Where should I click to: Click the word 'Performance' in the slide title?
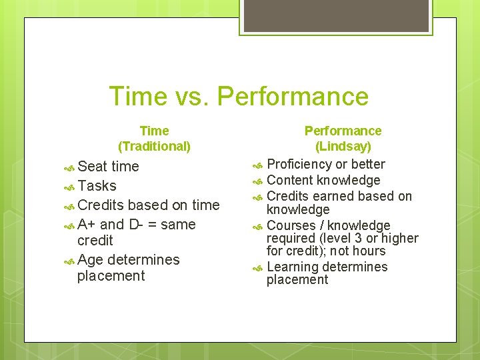[293, 97]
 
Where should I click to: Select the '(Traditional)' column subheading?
[154, 145]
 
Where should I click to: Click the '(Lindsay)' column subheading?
[343, 146]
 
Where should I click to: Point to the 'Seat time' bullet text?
[108, 167]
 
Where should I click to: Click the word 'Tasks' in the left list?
[97, 186]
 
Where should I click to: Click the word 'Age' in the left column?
[90, 259]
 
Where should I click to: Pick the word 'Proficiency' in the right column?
[299, 164]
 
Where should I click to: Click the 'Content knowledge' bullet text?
[323, 180]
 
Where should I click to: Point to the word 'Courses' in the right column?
[291, 225]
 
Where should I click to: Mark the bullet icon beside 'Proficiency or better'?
[258, 165]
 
